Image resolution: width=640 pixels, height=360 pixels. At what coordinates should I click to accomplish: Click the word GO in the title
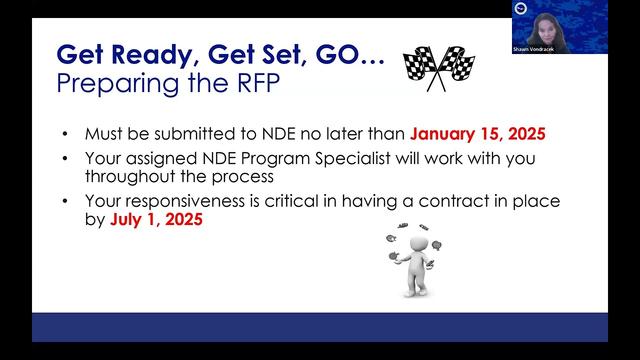pyautogui.click(x=337, y=54)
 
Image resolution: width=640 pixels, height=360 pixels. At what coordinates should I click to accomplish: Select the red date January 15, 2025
pyautogui.click(x=477, y=134)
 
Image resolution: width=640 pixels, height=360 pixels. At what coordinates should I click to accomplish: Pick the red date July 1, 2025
pyautogui.click(x=156, y=219)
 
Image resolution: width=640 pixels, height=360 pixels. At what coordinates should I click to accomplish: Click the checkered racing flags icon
pyautogui.click(x=438, y=68)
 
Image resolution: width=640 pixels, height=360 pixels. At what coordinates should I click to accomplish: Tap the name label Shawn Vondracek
pyautogui.click(x=533, y=49)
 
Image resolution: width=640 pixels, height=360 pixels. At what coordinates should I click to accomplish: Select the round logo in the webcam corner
pyautogui.click(x=520, y=8)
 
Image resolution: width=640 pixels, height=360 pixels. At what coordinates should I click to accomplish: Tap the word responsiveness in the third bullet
pyautogui.click(x=185, y=201)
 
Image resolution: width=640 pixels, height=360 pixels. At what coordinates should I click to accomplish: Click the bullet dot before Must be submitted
pyautogui.click(x=65, y=134)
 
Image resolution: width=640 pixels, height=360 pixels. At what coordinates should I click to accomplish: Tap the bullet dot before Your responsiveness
pyautogui.click(x=65, y=201)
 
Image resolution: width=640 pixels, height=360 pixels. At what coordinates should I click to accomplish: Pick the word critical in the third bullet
pyautogui.click(x=291, y=201)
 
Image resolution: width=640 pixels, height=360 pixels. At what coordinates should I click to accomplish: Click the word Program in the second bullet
pyautogui.click(x=275, y=159)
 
